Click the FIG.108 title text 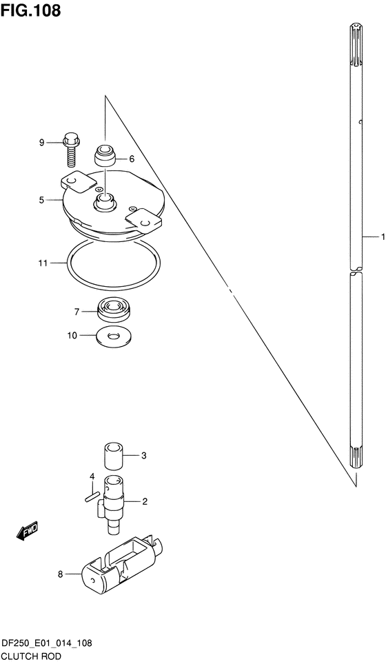coord(30,10)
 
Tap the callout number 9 coord(41,143)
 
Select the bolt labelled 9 coord(70,150)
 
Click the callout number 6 coord(132,159)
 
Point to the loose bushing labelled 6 coord(104,157)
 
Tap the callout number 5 coord(41,199)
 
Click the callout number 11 coord(43,263)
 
